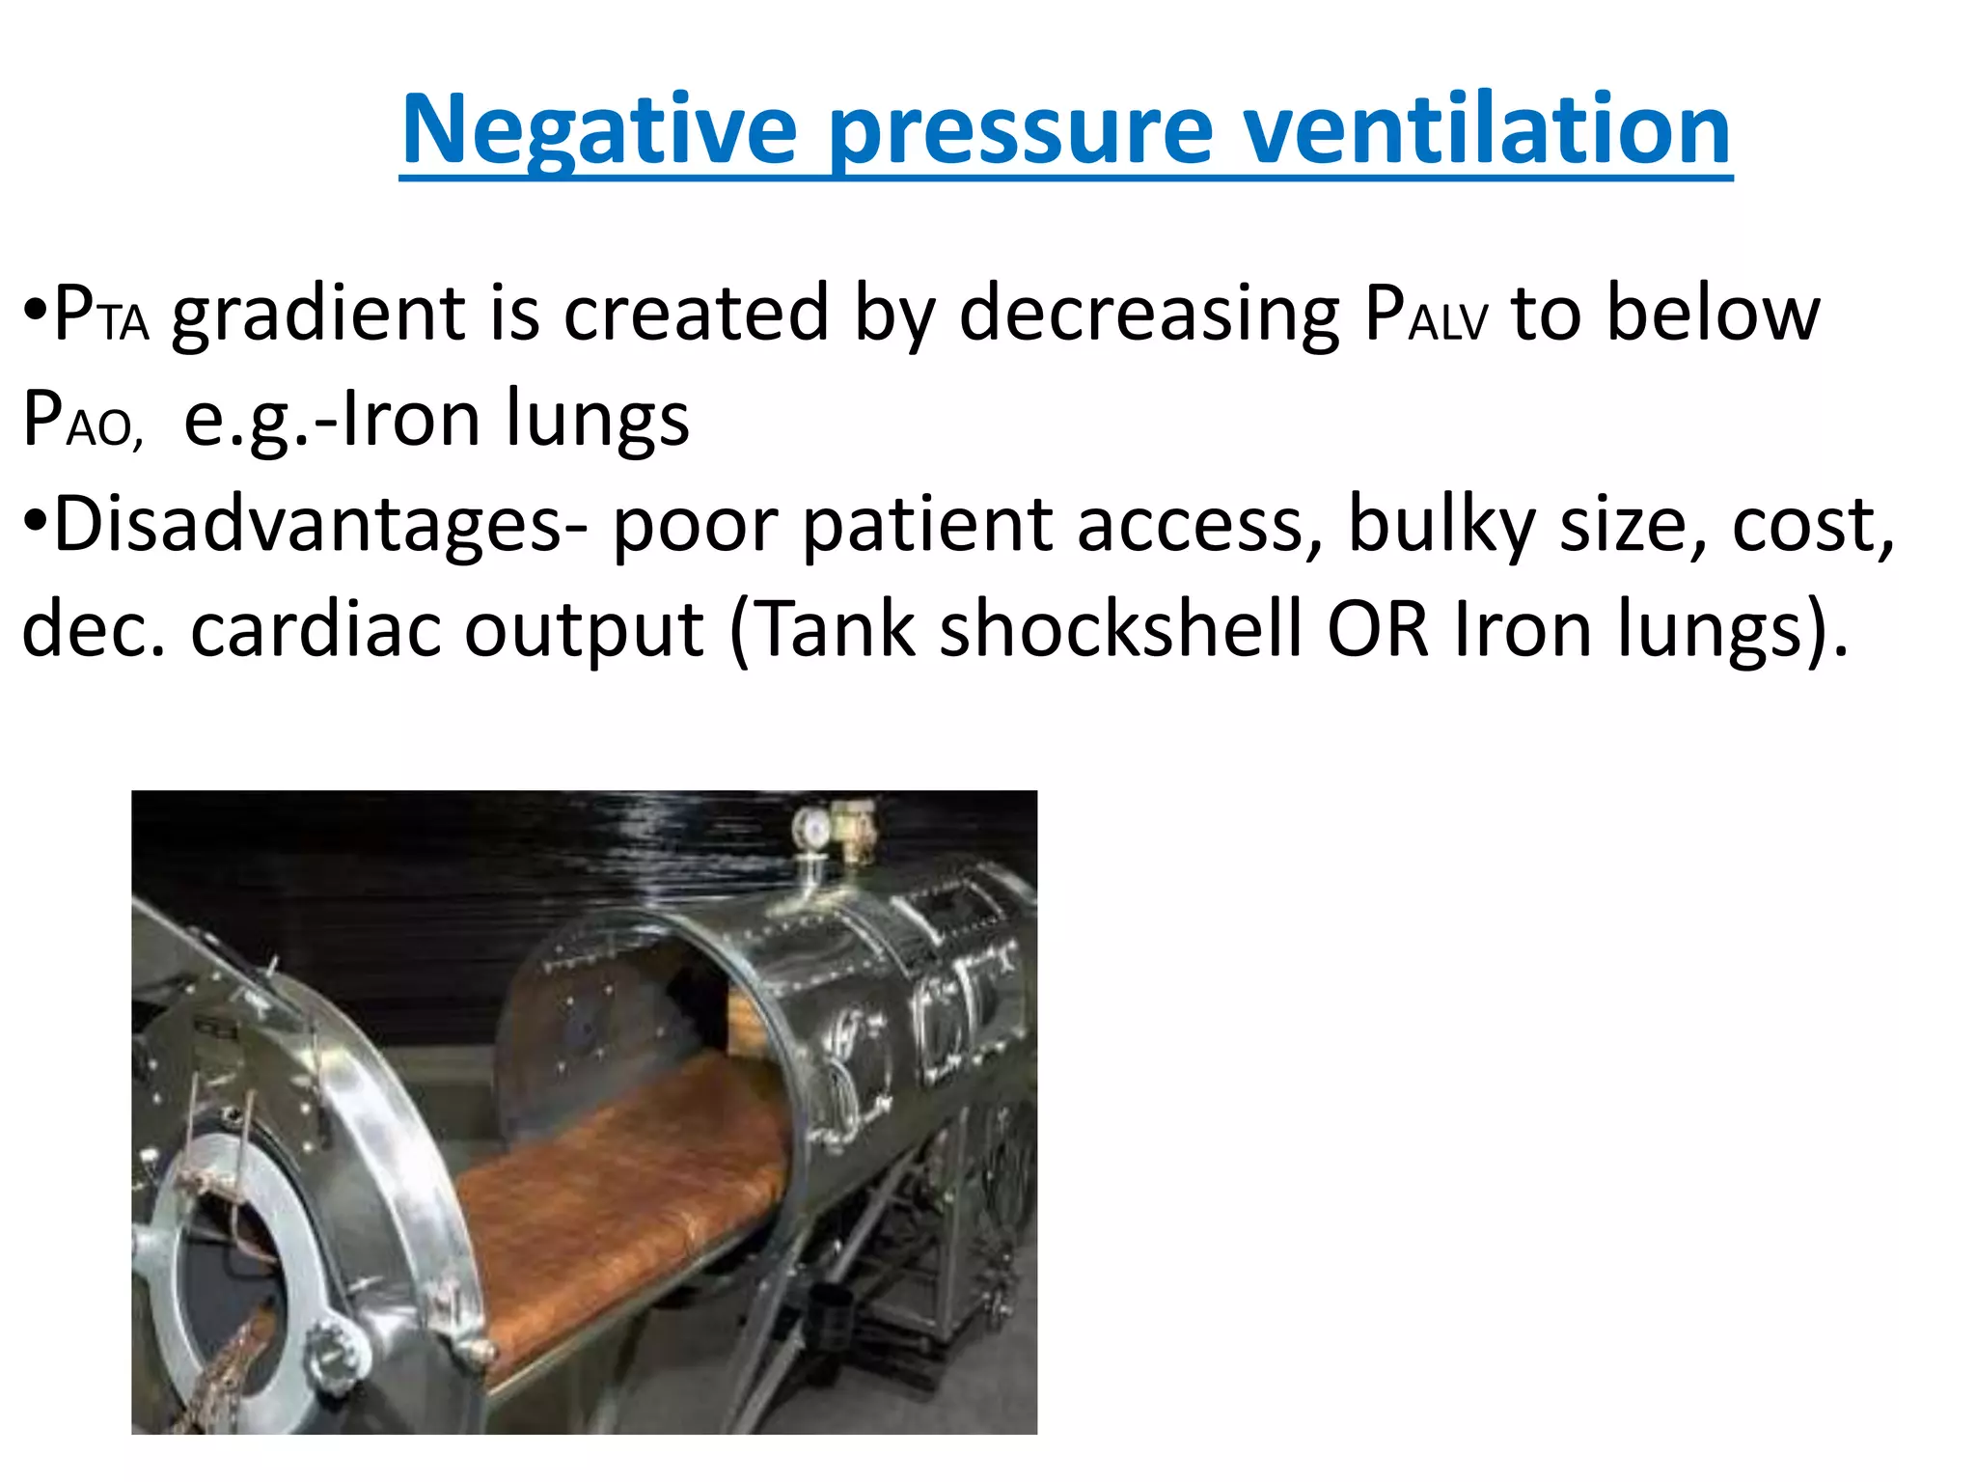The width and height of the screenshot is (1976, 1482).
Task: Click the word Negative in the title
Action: [x=599, y=129]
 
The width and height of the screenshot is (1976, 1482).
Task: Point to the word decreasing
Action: [x=1149, y=315]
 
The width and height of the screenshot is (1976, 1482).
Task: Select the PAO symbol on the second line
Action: [x=82, y=420]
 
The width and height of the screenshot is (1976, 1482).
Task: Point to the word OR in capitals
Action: [x=1377, y=631]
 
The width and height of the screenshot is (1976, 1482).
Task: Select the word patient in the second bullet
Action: [x=926, y=526]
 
